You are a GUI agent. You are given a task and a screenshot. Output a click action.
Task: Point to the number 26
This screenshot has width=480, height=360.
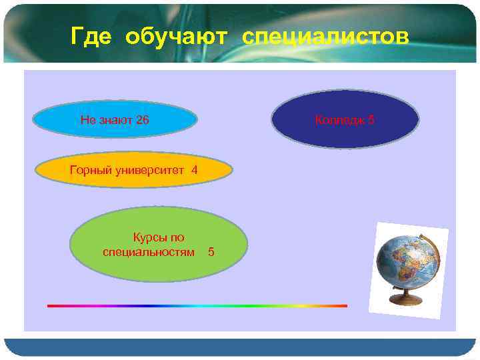point(142,120)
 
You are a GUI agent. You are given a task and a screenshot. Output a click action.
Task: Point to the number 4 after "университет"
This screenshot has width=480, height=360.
point(194,170)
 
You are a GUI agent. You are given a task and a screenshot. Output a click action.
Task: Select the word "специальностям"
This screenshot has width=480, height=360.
point(149,252)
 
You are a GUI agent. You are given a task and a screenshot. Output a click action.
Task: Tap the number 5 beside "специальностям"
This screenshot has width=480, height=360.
point(211,252)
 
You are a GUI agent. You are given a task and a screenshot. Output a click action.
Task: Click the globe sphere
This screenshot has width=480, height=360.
point(403,261)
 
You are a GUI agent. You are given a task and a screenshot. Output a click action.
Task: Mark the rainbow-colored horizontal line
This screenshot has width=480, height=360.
point(197,306)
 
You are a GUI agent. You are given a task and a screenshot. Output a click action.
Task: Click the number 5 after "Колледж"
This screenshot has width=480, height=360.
point(371,120)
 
